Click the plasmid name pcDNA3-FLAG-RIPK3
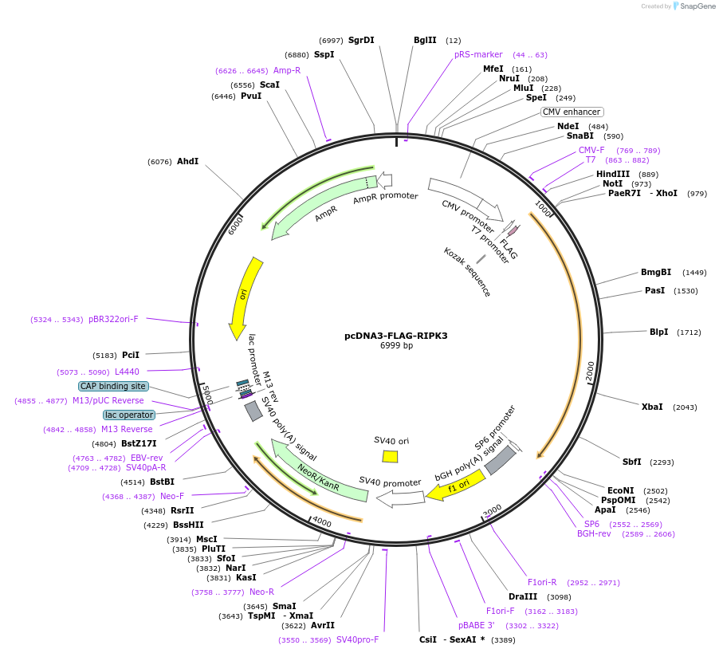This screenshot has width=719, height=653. pos(395,336)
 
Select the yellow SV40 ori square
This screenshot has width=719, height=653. pos(390,456)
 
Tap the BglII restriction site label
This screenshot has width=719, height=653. pos(425,40)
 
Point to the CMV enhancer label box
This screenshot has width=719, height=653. pos(572,112)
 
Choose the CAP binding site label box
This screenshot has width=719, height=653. pos(113,386)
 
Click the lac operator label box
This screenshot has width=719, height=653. pos(128,415)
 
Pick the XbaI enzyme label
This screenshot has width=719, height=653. pos(652,407)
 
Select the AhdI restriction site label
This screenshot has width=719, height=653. pos(187,161)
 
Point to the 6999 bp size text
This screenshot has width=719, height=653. pos(395,346)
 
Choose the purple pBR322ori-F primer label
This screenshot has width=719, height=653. pos(113,319)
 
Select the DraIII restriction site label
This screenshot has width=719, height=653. pos(523,596)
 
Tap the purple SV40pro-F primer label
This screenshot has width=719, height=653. pos(357,639)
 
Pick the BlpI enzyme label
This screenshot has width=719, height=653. pos(658,332)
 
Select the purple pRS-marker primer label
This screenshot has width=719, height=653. pos(478,54)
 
